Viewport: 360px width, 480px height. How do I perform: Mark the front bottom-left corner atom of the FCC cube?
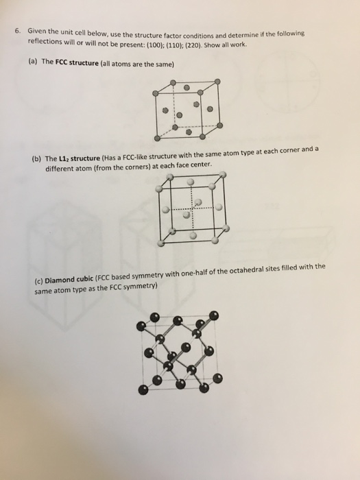[x=157, y=140]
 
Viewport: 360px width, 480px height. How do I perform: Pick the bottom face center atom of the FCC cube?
[x=178, y=127]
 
